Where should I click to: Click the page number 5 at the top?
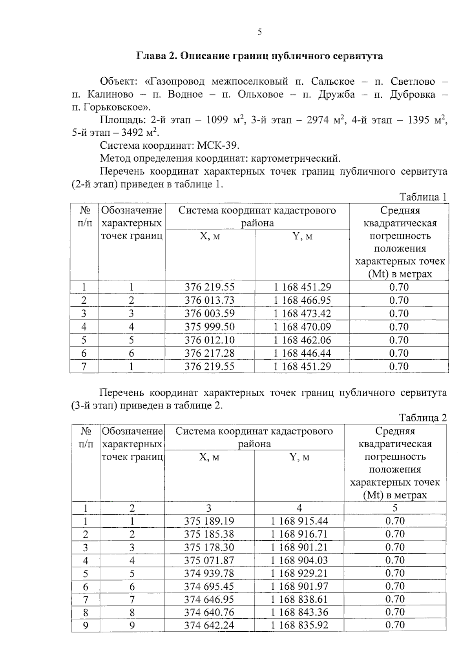259,33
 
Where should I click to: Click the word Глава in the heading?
151,56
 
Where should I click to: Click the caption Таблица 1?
423,197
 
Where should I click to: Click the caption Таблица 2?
423,418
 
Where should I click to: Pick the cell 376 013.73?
210,301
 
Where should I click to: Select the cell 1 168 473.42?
302,314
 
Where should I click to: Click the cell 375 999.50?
210,327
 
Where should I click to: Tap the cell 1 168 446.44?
302,354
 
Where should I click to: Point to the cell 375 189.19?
209,521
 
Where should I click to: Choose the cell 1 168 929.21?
299,574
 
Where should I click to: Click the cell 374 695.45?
209,587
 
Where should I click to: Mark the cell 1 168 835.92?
299,625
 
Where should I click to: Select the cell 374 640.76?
209,612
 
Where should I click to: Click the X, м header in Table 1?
210,236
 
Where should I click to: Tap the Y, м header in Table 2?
299,457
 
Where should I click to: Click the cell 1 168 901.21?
299,547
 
